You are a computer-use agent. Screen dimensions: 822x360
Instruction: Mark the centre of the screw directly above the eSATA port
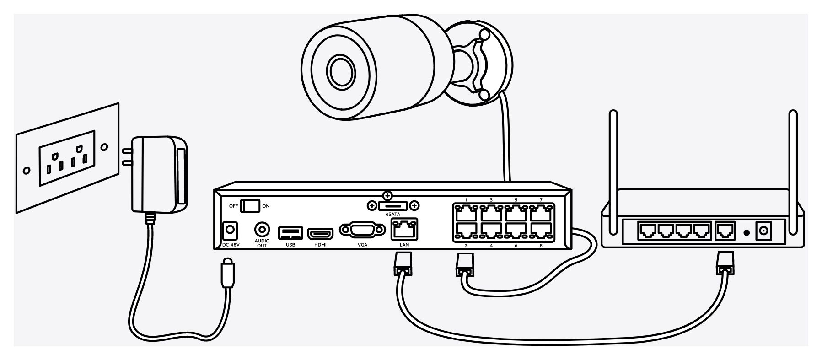click(x=388, y=196)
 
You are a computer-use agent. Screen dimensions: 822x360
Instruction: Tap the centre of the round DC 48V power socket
click(x=230, y=231)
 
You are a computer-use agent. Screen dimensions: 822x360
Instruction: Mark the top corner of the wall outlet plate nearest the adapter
click(x=118, y=103)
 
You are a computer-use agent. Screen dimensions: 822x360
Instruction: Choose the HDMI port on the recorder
click(x=320, y=234)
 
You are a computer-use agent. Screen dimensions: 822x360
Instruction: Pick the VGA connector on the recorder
click(x=363, y=231)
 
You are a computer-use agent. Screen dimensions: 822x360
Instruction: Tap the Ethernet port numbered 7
click(x=541, y=214)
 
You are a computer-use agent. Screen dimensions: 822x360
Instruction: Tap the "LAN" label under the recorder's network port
click(x=404, y=245)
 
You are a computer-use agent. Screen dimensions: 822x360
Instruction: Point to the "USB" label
click(x=290, y=245)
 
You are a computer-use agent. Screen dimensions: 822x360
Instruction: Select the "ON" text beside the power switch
click(x=266, y=206)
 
